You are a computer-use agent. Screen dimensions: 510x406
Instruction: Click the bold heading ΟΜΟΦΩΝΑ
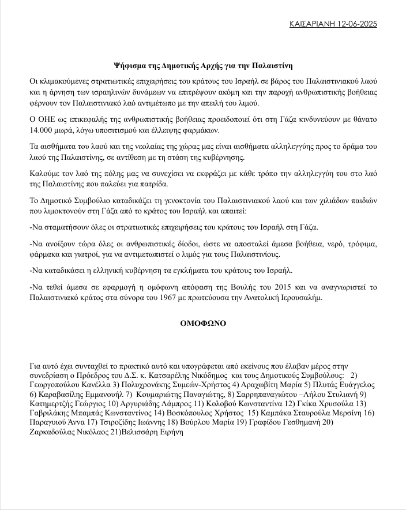(x=202, y=323)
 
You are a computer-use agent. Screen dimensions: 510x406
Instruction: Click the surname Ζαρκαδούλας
(x=55, y=433)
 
